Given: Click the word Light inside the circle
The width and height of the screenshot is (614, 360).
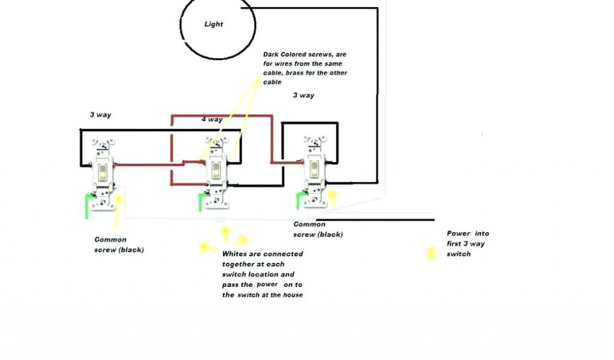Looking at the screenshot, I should click(x=213, y=24).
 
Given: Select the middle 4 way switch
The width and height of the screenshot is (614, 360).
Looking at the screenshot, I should click(x=215, y=172).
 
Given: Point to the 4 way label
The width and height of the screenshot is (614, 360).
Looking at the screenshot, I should click(x=212, y=119).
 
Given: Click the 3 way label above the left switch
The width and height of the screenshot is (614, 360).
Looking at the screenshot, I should click(x=101, y=115).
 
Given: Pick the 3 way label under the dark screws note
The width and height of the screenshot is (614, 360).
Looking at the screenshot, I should click(x=303, y=95).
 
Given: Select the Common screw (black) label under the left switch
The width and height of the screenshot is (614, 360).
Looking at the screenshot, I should click(x=118, y=244).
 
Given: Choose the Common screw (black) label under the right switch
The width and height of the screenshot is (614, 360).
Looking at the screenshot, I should click(x=318, y=229).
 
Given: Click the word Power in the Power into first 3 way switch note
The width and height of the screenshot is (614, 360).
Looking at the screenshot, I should click(x=459, y=233).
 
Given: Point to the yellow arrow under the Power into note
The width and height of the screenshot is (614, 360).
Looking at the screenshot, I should click(x=431, y=254).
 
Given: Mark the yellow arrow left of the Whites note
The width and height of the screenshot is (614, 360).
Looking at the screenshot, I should click(x=207, y=247).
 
